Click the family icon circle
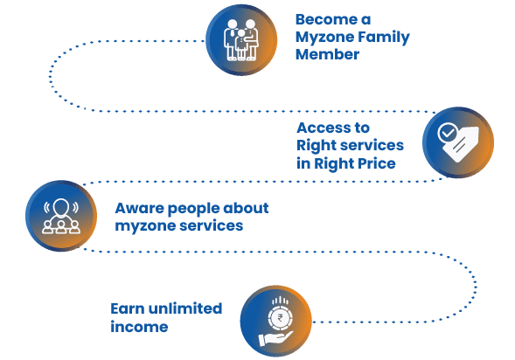coord(241,40)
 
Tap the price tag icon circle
coord(458,142)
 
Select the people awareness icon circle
coord(61,216)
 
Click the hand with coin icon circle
coord(276,321)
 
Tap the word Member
coord(328,54)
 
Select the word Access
coord(321,128)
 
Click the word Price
coord(376,163)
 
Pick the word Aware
coord(139,208)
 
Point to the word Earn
coord(127,308)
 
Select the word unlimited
coord(185,308)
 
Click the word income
coord(139,327)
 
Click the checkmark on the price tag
coord(447,133)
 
